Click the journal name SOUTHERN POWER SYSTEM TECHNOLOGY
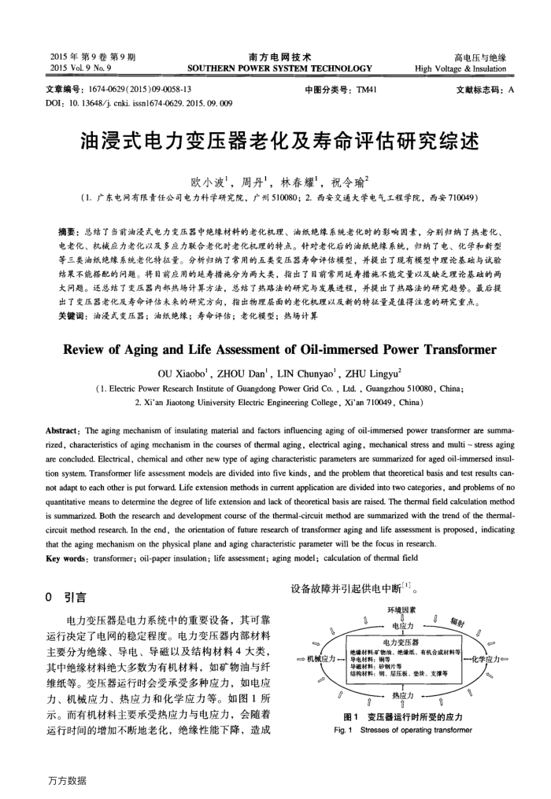(x=279, y=68)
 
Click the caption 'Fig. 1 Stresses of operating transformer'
(x=403, y=730)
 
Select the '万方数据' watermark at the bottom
(x=67, y=780)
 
